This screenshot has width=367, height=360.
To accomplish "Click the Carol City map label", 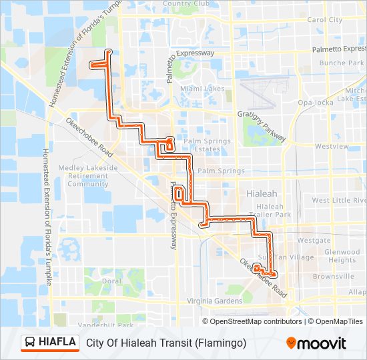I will point(324,20).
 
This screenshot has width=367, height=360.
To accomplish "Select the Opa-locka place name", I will point(315,103).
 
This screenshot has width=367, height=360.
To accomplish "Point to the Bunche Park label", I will point(342,63).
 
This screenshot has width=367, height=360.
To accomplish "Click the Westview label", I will point(332,146).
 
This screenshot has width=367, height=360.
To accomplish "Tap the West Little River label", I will point(339,200).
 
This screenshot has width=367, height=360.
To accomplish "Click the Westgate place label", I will point(314,240).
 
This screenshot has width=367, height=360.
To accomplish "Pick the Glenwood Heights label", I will point(342,256).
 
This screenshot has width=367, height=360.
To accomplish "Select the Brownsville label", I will point(333,277).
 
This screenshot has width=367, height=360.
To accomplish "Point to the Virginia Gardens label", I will point(214,301).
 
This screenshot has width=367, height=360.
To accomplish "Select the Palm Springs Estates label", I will point(207,145).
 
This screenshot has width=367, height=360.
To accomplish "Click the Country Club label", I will point(186,4).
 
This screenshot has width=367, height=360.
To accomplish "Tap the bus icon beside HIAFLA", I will point(31,343).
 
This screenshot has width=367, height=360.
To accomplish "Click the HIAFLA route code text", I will point(57,343).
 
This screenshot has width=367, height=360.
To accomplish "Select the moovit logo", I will point(316,343).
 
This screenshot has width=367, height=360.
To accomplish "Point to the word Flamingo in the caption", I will point(221,343).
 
